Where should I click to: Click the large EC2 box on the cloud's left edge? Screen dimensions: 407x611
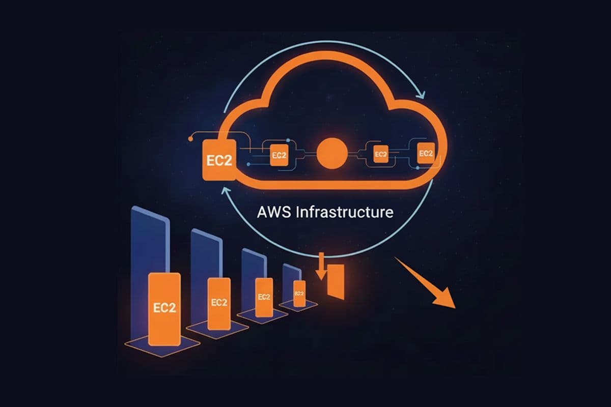[219, 159]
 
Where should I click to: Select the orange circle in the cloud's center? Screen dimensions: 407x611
[331, 153]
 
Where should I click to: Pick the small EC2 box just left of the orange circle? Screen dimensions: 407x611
[277, 154]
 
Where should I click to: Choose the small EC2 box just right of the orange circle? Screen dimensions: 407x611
[380, 153]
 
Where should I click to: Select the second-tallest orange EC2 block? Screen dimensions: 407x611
[218, 302]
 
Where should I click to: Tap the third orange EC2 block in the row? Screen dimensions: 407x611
[263, 297]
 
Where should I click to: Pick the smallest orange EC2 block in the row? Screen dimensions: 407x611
[299, 294]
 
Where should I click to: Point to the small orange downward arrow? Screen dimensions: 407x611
[321, 267]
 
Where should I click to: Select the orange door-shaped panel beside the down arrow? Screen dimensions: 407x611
[336, 281]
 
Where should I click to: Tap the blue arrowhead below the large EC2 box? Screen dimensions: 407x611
[220, 190]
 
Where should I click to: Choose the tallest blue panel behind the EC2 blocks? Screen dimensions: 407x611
[149, 239]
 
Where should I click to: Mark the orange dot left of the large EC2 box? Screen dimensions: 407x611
[190, 137]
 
